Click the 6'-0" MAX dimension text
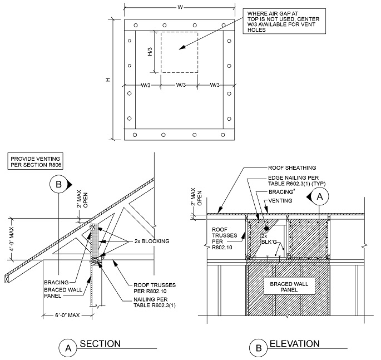(x=60, y=317)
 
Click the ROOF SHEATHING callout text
(x=291, y=166)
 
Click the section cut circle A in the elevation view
(x=320, y=196)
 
